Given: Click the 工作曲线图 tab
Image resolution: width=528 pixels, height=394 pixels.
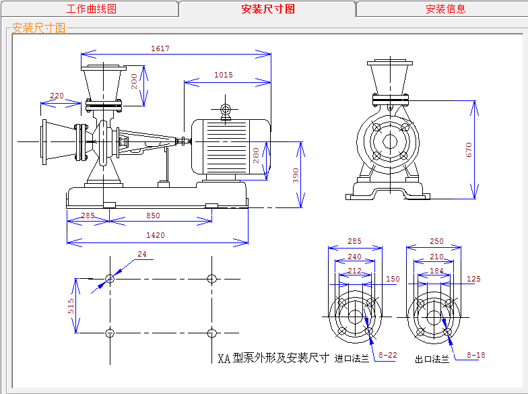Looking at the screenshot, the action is point(92,9).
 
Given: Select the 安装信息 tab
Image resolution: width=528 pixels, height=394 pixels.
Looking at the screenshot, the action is point(446,9).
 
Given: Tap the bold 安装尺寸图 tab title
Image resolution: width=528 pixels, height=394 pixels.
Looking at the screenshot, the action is point(268,9).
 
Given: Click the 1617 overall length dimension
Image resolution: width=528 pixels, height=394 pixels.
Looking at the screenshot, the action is point(160,48).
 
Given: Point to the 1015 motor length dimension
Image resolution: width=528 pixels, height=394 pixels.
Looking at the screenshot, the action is point(224,75).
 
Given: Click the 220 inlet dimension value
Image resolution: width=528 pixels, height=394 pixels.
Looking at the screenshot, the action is point(57,96).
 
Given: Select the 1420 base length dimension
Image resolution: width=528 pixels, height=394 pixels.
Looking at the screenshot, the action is point(156,235).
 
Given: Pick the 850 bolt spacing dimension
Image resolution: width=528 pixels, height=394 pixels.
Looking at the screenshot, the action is point(154,216).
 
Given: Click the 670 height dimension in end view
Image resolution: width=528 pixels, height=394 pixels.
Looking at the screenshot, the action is point(469,150).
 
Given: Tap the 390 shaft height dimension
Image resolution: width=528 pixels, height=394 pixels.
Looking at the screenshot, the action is point(296,175).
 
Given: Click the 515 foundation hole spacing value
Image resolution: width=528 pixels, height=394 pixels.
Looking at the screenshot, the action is point(71,306).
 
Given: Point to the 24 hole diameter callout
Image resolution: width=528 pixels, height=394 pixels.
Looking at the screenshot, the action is point(142,254).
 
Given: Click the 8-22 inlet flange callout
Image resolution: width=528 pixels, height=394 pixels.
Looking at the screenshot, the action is point(388,355).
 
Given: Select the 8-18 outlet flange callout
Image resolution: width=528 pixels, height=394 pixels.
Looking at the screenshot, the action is point(476,355).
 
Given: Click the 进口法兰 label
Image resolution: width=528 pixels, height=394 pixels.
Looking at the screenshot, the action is point(352,358).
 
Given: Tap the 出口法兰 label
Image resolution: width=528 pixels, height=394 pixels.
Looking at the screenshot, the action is point(432,360).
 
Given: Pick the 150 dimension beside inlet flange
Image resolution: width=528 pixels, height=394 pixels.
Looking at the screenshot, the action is point(393,279).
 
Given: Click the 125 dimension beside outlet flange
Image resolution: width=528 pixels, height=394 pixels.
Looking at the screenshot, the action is point(473,279).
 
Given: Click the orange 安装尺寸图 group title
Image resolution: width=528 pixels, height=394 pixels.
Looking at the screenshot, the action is point(39,28).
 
